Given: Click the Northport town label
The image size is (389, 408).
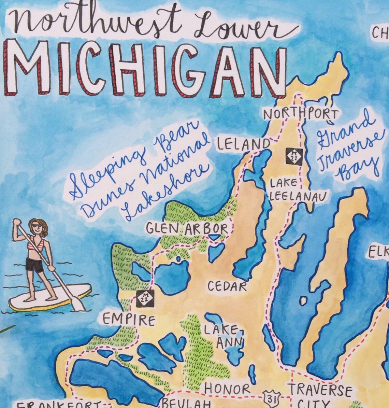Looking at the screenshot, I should (x=301, y=114).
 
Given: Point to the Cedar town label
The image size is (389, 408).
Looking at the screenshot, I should (x=227, y=286).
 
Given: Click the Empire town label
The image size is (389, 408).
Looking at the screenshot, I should (x=129, y=320).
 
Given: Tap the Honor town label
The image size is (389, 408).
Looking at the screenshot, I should (x=227, y=389).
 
